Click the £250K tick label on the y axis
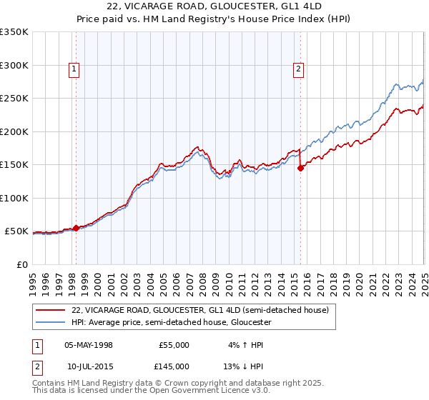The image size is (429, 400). [14, 98]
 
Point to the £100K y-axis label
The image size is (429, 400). [14, 198]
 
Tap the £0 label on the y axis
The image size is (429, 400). [22, 264]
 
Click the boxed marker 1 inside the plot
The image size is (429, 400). [74, 69]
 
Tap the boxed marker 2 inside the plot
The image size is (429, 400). [297, 69]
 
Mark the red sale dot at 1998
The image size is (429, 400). [77, 228]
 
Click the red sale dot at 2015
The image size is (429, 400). [301, 168]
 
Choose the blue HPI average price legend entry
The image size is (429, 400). [171, 322]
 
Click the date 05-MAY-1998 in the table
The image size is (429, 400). [89, 345]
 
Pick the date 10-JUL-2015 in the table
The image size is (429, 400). [89, 366]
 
